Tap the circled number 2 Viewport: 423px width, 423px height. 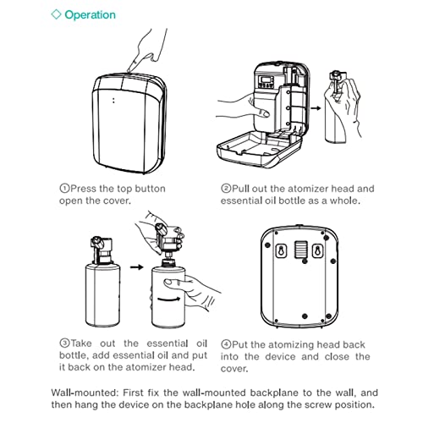tap(226, 189)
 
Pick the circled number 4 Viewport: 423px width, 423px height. tap(226, 343)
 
